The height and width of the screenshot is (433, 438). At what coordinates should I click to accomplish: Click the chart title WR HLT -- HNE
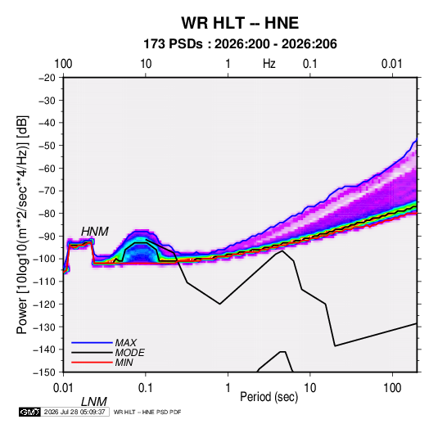(240, 23)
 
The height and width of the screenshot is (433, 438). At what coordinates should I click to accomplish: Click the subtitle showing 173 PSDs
(240, 44)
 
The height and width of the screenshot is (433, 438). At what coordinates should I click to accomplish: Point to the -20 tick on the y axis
(47, 78)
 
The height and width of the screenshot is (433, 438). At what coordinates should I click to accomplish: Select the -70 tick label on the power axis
(47, 191)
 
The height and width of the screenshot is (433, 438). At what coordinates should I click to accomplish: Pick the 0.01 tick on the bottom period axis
(63, 388)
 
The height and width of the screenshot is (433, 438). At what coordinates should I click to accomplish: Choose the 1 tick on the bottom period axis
(228, 388)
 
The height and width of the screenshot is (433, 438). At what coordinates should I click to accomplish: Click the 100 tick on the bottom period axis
(392, 388)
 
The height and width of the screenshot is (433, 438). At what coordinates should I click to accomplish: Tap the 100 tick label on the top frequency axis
(63, 64)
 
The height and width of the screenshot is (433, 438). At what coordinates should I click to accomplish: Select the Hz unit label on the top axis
(269, 64)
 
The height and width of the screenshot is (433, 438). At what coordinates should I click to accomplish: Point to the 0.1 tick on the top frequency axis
(310, 64)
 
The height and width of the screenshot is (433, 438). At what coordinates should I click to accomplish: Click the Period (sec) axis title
(269, 397)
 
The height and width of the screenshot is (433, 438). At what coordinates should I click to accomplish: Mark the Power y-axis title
(22, 224)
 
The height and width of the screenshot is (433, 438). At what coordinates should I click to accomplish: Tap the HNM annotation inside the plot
(95, 232)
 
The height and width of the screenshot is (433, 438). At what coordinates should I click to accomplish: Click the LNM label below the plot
(94, 402)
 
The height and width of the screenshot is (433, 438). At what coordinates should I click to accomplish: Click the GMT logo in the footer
(29, 412)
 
